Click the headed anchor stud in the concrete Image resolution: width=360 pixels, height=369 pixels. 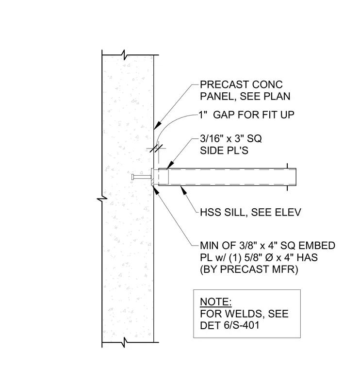click(141, 177)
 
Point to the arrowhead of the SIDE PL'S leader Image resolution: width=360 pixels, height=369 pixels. click(170, 165)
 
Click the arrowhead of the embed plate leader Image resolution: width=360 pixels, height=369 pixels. click(156, 190)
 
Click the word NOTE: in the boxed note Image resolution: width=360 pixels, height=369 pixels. click(215, 302)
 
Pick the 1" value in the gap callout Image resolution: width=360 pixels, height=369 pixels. click(203, 115)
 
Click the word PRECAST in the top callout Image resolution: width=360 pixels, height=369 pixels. click(224, 84)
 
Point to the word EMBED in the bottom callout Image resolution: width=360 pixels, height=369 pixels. click(316, 246)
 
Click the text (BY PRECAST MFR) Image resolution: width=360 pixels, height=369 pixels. click(249, 269)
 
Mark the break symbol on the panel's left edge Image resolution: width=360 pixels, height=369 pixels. click(102, 199)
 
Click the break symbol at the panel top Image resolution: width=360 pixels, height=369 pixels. click(124, 55)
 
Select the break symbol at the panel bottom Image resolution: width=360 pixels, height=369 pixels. click(124, 342)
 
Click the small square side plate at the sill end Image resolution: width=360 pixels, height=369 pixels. click(164, 177)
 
